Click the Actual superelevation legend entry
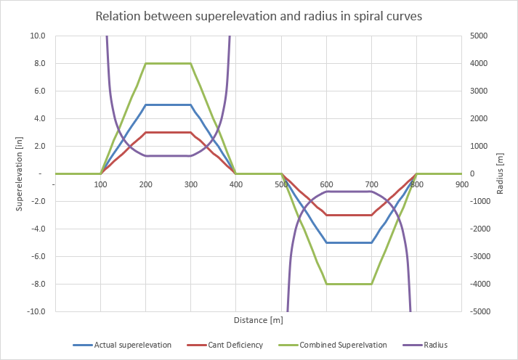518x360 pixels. [133, 345]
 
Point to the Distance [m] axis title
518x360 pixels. [258, 320]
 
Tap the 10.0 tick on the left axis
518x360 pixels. [37, 36]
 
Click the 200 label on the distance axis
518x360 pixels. [145, 184]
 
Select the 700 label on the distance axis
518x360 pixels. [371, 184]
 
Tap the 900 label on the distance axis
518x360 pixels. [462, 184]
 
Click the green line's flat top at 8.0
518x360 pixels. [168, 63]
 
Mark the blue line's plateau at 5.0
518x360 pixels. [168, 105]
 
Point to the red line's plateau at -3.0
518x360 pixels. [349, 215]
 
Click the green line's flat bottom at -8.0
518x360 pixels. [349, 284]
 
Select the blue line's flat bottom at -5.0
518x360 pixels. [349, 242]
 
